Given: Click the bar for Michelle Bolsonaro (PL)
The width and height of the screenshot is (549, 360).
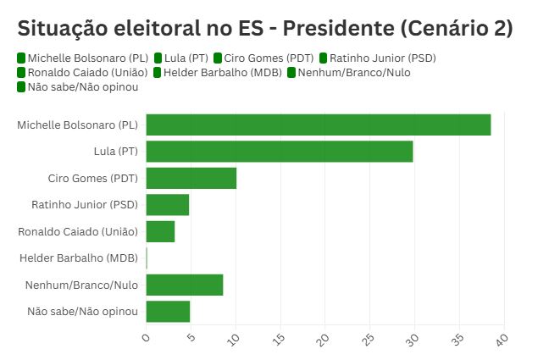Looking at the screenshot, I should (x=318, y=125).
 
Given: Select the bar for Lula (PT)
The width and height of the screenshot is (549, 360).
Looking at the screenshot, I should (x=279, y=152).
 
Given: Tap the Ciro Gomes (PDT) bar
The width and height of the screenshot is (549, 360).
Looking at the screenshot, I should (x=191, y=178).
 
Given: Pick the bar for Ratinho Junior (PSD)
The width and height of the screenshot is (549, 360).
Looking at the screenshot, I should (x=167, y=205).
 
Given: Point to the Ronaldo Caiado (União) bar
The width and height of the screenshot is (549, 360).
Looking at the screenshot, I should (x=160, y=231).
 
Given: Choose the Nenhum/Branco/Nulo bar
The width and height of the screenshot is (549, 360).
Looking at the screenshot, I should (x=184, y=285).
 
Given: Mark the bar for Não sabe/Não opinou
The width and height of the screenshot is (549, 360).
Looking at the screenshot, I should (x=168, y=311).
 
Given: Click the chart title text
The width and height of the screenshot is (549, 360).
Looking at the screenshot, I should (x=265, y=28).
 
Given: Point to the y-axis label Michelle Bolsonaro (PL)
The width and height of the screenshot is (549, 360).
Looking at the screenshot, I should (x=77, y=125).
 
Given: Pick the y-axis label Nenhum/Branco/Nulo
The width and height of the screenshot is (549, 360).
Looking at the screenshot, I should (x=82, y=285).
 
